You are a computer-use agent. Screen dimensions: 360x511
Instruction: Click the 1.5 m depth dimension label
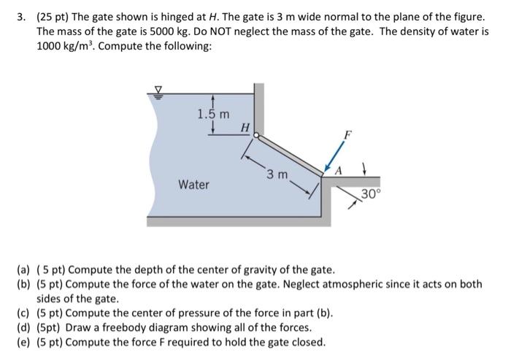click(x=213, y=114)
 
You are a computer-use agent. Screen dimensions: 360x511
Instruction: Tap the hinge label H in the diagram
click(x=245, y=129)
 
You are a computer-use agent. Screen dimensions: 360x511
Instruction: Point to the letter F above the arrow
click(x=348, y=134)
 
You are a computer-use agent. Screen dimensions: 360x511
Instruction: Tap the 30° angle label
click(x=372, y=194)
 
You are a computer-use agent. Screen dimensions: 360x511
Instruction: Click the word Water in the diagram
click(x=193, y=185)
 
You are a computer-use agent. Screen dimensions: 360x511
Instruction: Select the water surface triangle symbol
click(x=155, y=91)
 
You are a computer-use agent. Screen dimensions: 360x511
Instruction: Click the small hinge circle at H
click(x=256, y=135)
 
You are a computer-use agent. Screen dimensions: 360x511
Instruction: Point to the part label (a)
click(x=23, y=269)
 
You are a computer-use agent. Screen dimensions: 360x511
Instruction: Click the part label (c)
click(x=23, y=314)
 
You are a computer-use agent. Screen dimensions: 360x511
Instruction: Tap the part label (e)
click(x=23, y=342)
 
